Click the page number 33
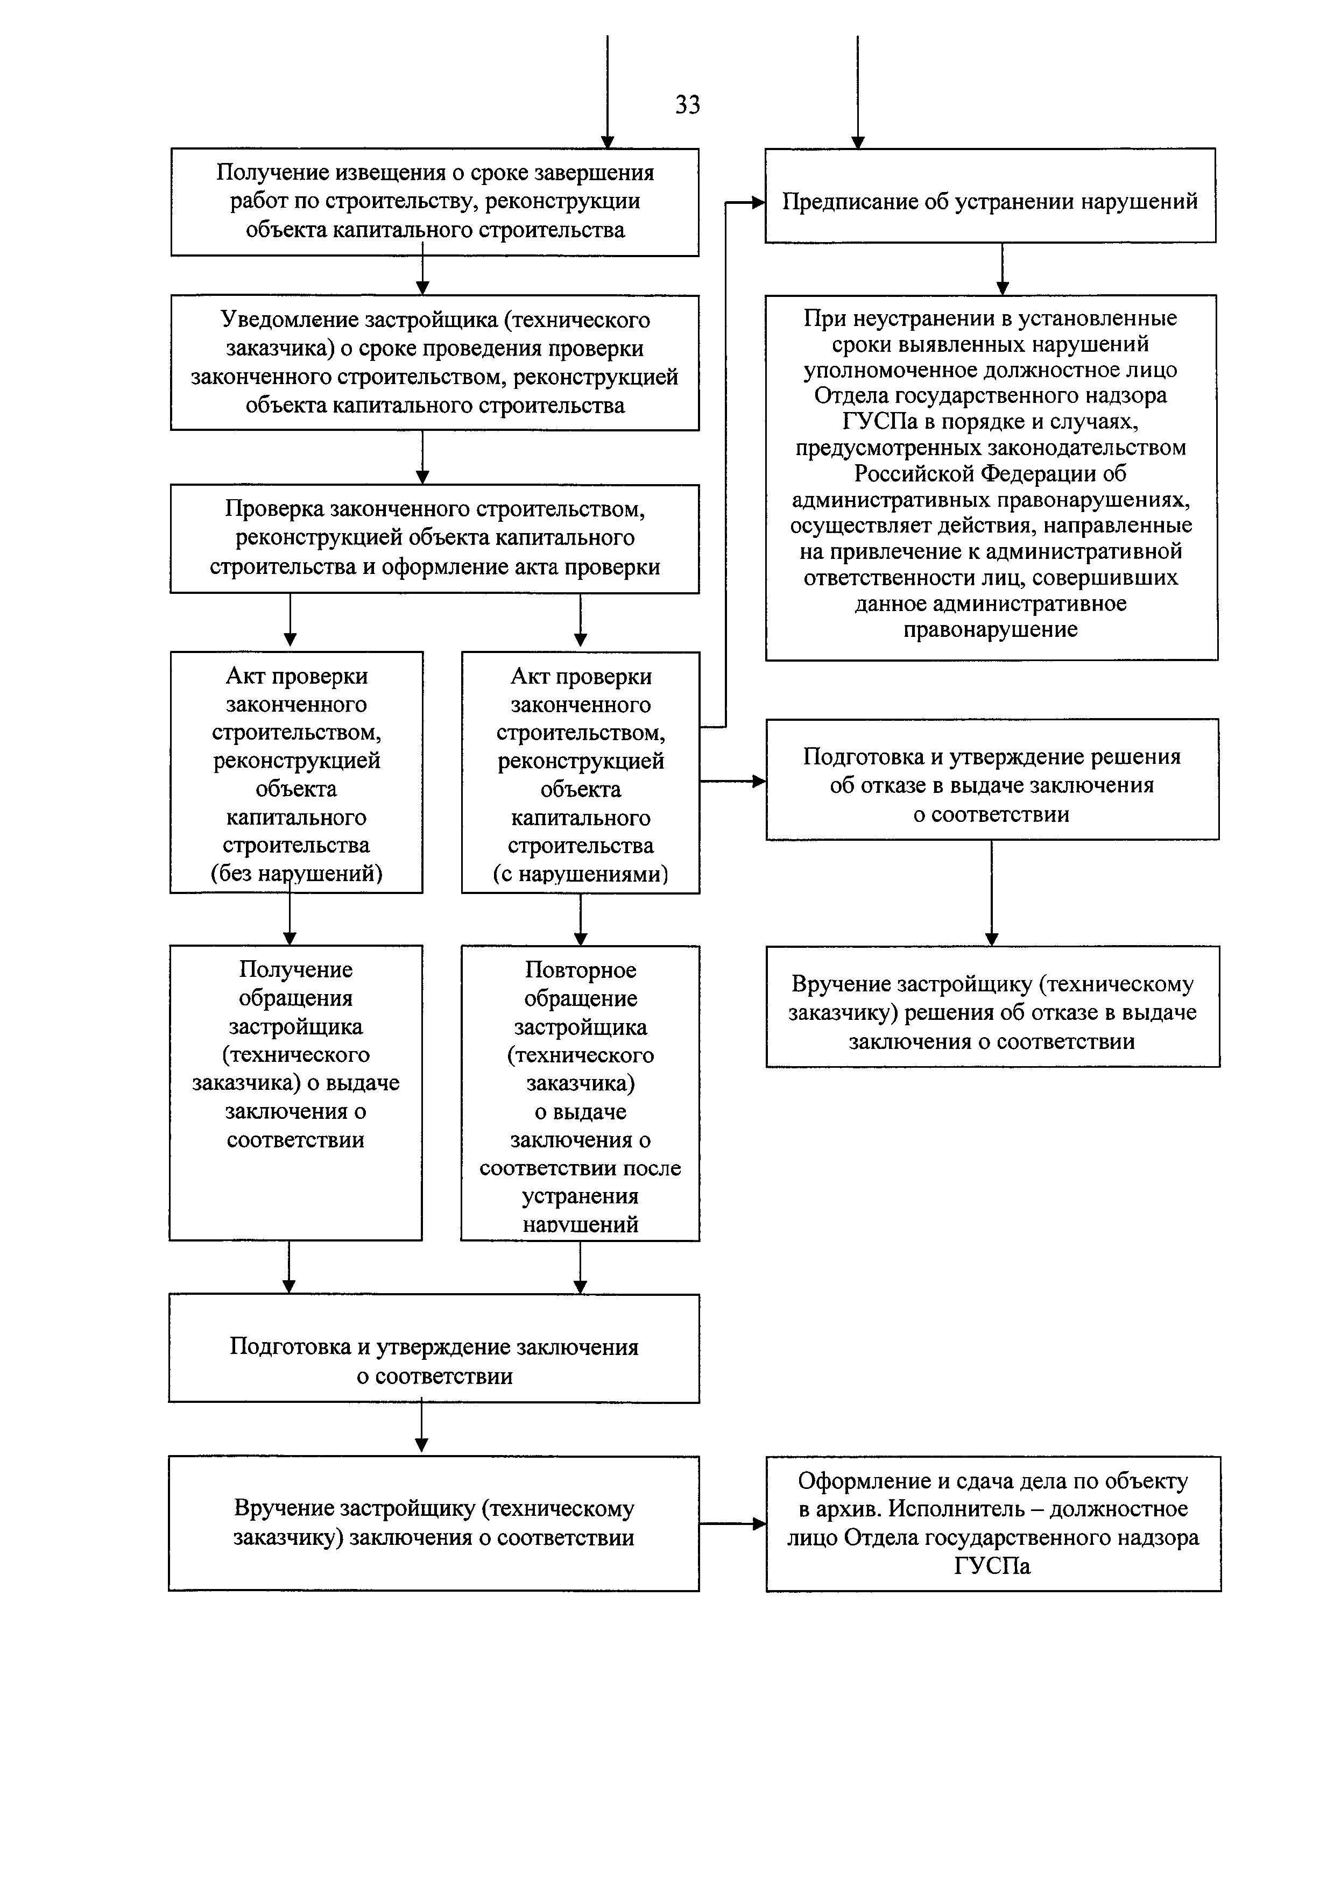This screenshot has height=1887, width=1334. [x=687, y=105]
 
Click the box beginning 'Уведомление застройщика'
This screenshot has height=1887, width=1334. [x=435, y=363]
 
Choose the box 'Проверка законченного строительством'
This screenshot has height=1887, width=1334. [x=435, y=538]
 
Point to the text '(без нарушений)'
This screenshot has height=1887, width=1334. [x=297, y=873]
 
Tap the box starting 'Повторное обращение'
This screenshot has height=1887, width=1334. [x=580, y=1093]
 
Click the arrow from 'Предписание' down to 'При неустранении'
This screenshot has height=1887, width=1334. [x=1002, y=269]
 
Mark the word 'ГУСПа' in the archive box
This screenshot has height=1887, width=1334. [x=992, y=1566]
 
